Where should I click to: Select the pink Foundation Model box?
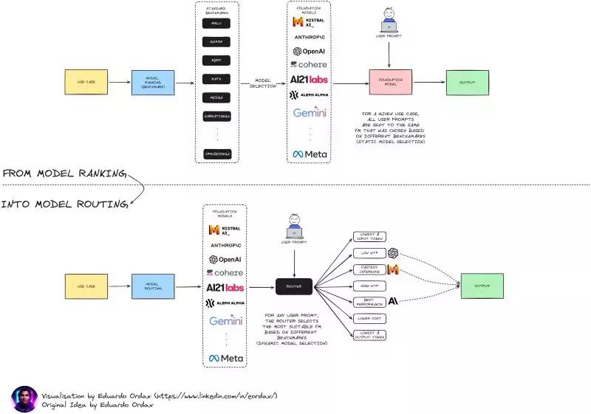point(390,83)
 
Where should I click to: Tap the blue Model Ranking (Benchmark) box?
point(153,83)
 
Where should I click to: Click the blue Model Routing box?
point(153,286)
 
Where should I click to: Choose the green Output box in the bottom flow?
point(481,286)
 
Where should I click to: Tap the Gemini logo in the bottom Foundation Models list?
point(225,321)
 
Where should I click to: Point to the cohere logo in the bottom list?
point(225,273)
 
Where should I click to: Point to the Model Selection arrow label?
point(265,83)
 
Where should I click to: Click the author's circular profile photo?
point(24,399)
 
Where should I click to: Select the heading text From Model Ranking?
point(64,173)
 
